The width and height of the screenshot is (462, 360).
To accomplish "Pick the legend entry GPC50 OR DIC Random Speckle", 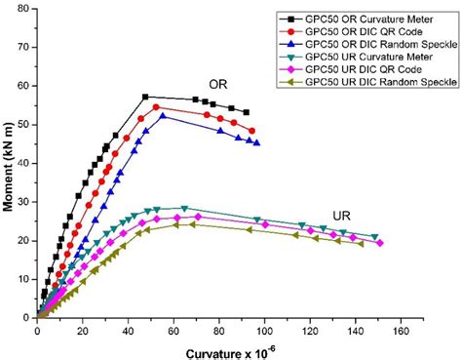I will (367, 45).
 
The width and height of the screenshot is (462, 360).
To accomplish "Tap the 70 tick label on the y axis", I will (24, 47).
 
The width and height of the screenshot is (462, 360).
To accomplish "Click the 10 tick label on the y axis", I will (24, 279).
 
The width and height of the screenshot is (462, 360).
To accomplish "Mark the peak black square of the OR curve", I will (145, 97).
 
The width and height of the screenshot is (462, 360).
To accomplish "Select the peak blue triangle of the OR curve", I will (163, 115).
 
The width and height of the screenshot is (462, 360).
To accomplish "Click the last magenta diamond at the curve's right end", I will (379, 243).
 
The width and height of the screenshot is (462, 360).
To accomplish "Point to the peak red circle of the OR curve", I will (156, 106).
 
